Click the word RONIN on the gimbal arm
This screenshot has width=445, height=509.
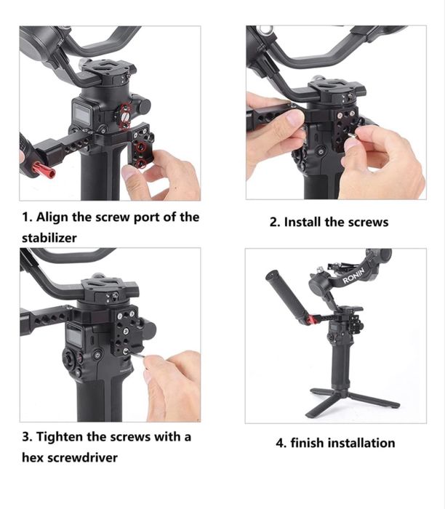click(x=354, y=276)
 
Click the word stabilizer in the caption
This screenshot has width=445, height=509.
click(x=49, y=238)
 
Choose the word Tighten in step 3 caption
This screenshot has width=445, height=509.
click(x=60, y=437)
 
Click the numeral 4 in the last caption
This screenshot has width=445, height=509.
click(x=279, y=443)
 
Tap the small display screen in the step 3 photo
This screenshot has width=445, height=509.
click(x=75, y=336)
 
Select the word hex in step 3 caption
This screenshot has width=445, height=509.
click(x=33, y=457)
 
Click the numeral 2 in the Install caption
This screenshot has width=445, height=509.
click(x=274, y=223)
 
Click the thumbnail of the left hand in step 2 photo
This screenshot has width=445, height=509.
click(x=294, y=118)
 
